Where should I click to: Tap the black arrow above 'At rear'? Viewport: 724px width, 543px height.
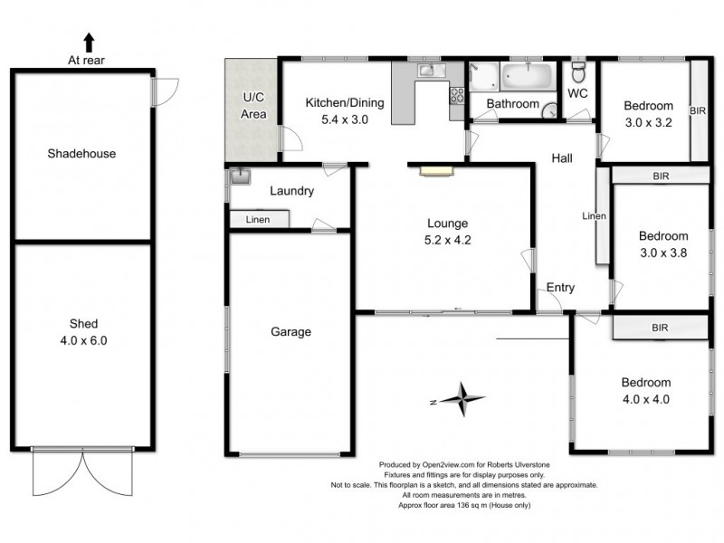point(89,42)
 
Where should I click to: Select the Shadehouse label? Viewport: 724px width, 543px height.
point(81,154)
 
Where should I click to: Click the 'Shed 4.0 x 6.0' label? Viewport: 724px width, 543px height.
point(81,332)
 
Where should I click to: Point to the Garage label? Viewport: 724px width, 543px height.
point(291,332)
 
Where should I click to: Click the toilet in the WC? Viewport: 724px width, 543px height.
point(580,71)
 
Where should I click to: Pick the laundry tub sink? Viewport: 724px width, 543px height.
point(239,176)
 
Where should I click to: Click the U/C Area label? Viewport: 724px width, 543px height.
point(252,106)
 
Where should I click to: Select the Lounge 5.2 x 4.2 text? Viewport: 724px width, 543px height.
point(448,232)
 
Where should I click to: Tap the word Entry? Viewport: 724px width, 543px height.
point(560,288)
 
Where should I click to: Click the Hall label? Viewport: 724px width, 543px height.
point(562,159)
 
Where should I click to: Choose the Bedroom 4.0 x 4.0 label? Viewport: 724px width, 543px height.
point(646,390)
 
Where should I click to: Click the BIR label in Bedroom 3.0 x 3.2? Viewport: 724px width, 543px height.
point(697,110)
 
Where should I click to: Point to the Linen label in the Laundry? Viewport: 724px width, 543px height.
point(258,219)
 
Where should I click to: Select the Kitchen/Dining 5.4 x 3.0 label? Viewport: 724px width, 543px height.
point(344,110)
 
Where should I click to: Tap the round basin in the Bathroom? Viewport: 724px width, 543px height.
point(548,105)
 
